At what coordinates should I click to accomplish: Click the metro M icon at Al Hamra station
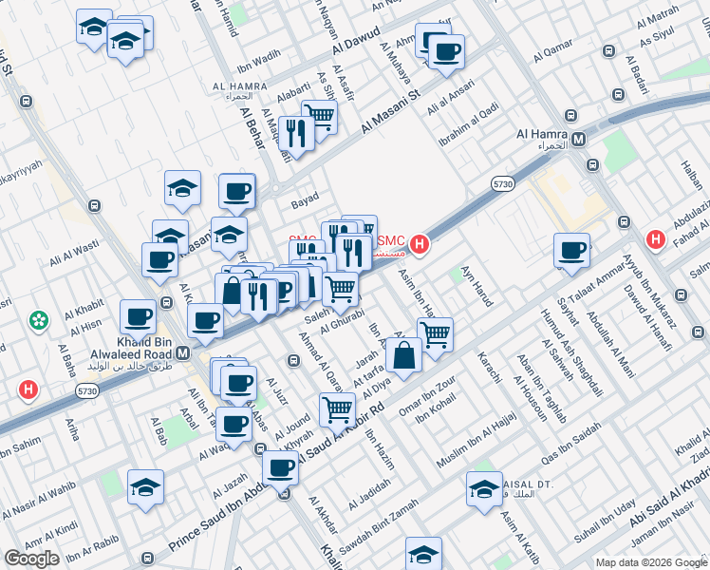pyautogui.click(x=578, y=140)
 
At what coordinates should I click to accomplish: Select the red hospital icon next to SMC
pyautogui.click(x=419, y=245)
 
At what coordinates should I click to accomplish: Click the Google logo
pyautogui.click(x=32, y=558)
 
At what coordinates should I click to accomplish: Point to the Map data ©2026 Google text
pyautogui.click(x=650, y=561)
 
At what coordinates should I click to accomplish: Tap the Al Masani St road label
pyautogui.click(x=391, y=111)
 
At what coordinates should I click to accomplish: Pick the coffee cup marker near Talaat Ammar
pyautogui.click(x=572, y=251)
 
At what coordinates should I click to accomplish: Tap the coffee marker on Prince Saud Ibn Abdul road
pyautogui.click(x=280, y=467)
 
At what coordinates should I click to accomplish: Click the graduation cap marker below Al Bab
pyautogui.click(x=145, y=488)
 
